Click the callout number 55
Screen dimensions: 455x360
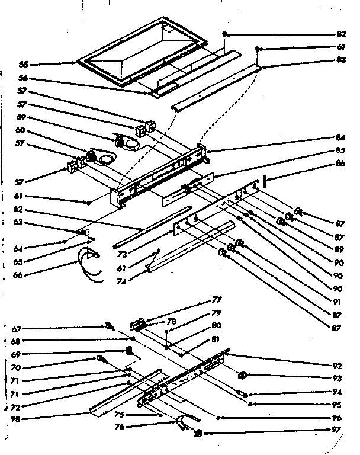point(23,63)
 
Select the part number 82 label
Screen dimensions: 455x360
point(340,34)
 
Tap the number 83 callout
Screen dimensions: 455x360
point(340,59)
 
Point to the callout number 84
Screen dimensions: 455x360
point(340,138)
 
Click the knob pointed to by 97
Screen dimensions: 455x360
point(199,433)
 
